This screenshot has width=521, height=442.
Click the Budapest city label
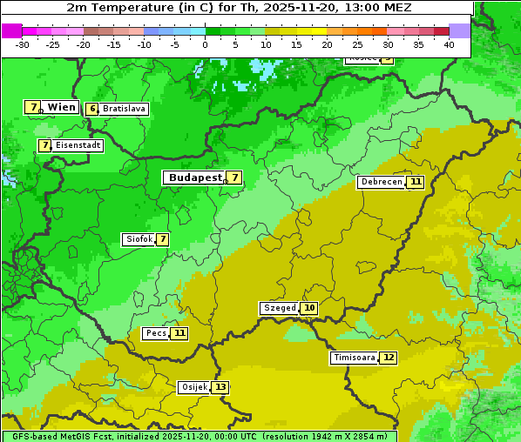(x=194, y=177)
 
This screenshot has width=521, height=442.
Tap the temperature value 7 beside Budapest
(x=233, y=177)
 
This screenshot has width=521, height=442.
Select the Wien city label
(x=61, y=107)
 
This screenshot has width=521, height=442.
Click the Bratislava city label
(x=123, y=110)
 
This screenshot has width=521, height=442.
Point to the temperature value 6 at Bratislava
(x=91, y=110)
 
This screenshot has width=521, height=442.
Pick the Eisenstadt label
(x=78, y=145)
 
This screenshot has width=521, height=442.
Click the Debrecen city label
(x=381, y=182)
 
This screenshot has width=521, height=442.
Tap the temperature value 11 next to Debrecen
(x=416, y=182)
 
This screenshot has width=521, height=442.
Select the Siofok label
(x=139, y=239)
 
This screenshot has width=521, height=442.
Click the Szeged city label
(x=279, y=308)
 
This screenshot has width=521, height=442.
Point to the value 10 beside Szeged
(x=309, y=308)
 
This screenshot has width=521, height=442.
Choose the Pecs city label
(x=156, y=333)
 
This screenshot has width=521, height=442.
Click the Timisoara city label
(x=355, y=358)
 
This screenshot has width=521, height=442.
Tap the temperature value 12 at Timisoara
(x=389, y=358)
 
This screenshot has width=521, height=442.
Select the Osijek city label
(x=193, y=387)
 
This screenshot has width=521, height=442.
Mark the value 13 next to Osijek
(x=221, y=387)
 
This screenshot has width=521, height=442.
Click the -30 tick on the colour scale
(x=23, y=44)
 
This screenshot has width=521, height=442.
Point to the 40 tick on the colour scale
(x=449, y=44)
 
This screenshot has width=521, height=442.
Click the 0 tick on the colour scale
(x=206, y=44)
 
